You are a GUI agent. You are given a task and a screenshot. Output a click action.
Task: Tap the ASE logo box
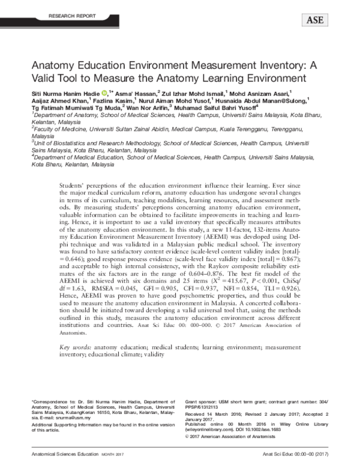[x=314, y=20]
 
